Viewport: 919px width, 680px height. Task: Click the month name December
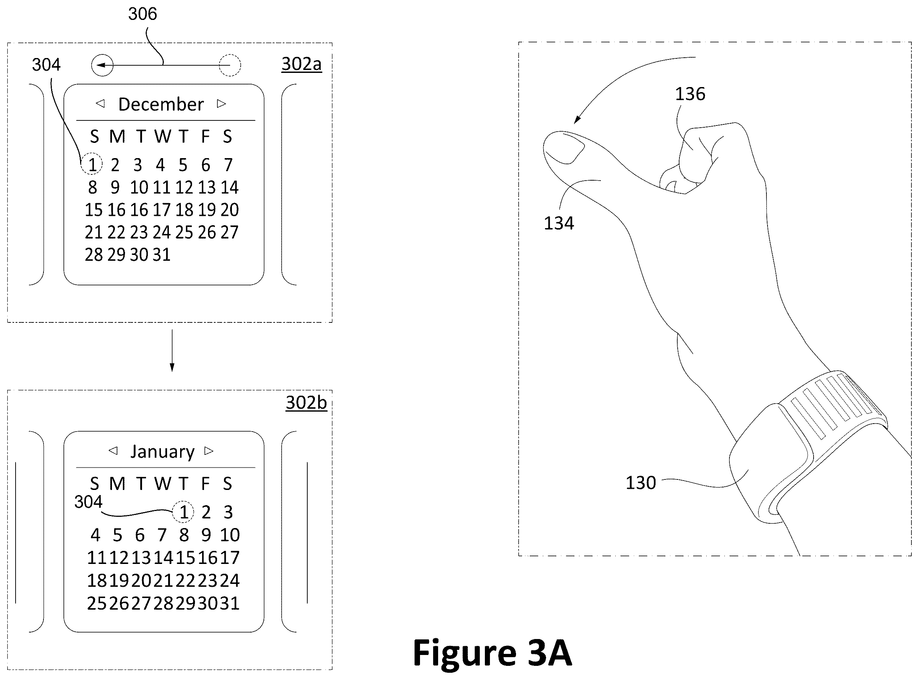tap(161, 104)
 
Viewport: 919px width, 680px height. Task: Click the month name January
tap(162, 452)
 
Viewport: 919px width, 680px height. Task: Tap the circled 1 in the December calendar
tap(91, 164)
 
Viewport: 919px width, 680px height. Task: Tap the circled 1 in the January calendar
tap(183, 512)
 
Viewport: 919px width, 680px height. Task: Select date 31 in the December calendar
tap(162, 255)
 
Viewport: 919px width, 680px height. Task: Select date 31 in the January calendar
tap(229, 603)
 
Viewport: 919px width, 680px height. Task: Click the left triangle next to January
tap(113, 451)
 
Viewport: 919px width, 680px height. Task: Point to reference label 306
tap(142, 14)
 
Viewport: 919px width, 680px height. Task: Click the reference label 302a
tap(302, 64)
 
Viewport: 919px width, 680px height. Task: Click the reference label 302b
tap(306, 403)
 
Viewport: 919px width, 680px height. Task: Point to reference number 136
tap(690, 94)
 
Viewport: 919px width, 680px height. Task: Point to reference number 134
tap(559, 223)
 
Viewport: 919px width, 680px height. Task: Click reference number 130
tap(641, 483)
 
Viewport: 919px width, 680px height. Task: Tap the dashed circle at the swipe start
tap(230, 54)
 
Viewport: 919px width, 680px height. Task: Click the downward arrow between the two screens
tap(172, 350)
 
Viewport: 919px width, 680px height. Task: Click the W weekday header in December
tap(163, 136)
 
